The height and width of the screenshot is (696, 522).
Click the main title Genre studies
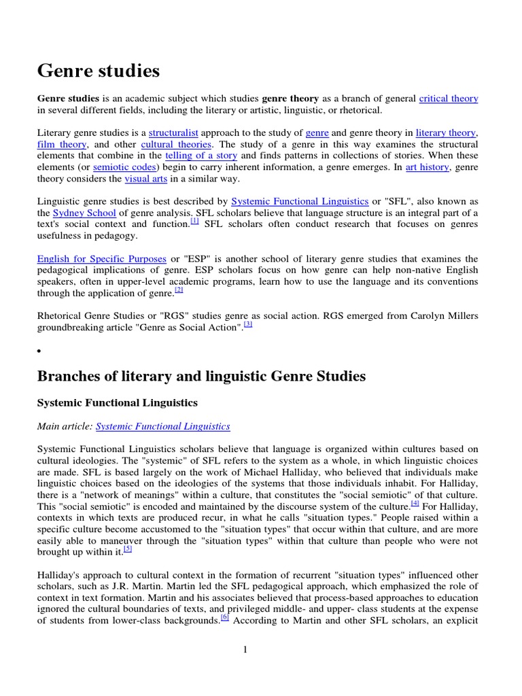click(x=99, y=70)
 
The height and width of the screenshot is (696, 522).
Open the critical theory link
click(x=449, y=99)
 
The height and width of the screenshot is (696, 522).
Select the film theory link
click(x=62, y=145)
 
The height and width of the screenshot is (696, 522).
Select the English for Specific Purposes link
click(x=101, y=259)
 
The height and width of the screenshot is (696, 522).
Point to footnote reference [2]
click(x=179, y=290)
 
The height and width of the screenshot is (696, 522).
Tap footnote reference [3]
click(x=248, y=325)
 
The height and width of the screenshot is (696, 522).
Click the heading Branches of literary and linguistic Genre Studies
click(x=201, y=376)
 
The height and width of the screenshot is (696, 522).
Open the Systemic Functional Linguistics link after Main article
click(x=162, y=426)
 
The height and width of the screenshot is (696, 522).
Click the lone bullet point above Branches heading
click(x=39, y=351)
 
